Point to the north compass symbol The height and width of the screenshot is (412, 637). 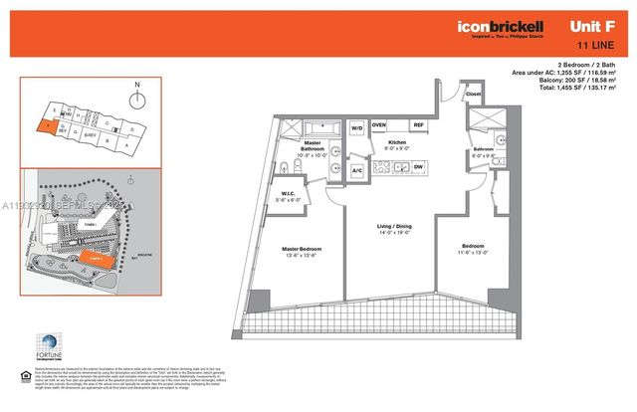point(135,99)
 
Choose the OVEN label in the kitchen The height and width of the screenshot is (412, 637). point(379,124)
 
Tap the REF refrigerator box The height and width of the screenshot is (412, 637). point(419,124)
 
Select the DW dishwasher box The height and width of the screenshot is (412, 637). point(419,166)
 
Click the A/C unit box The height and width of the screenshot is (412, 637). point(356,170)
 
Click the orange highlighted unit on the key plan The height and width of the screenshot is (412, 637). point(47,127)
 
